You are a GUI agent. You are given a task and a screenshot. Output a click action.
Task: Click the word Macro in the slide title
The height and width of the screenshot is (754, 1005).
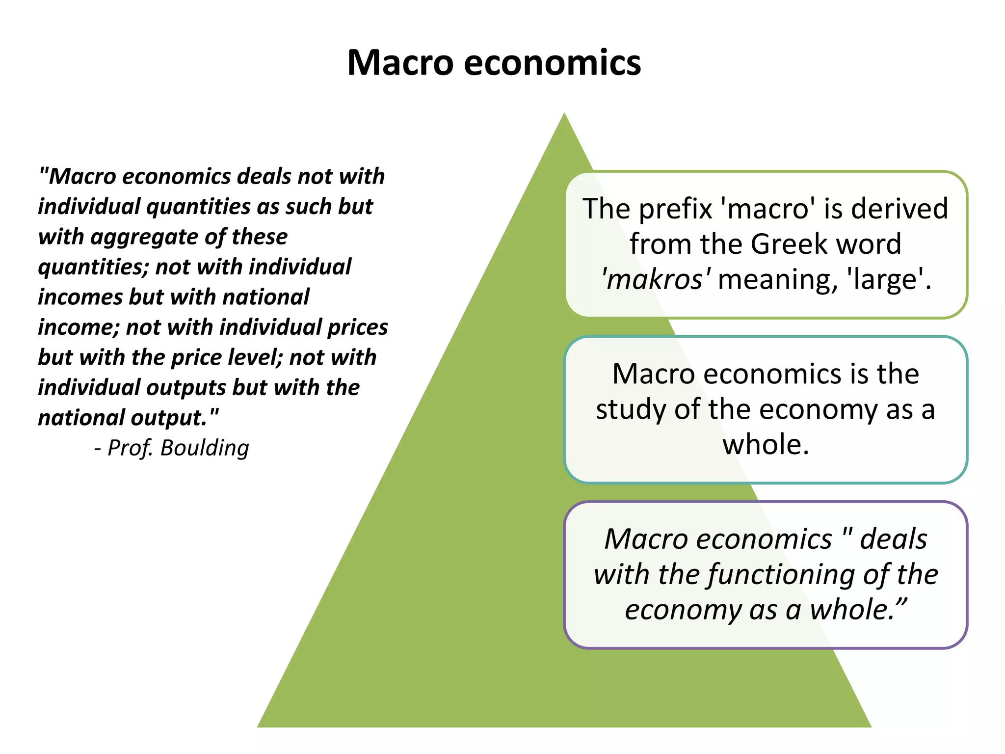pyautogui.click(x=400, y=63)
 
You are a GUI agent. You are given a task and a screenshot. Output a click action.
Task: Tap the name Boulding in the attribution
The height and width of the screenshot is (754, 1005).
pyautogui.click(x=205, y=448)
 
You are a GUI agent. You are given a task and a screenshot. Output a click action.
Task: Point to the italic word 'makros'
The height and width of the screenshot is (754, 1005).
pyautogui.click(x=656, y=279)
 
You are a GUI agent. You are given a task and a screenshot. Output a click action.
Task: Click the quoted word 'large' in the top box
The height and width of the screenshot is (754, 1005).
pyautogui.click(x=888, y=279)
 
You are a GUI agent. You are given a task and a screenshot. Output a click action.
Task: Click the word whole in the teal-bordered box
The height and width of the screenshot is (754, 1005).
pyautogui.click(x=765, y=445)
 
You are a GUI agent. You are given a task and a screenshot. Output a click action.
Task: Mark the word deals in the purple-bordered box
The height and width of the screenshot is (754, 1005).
pyautogui.click(x=893, y=539)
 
